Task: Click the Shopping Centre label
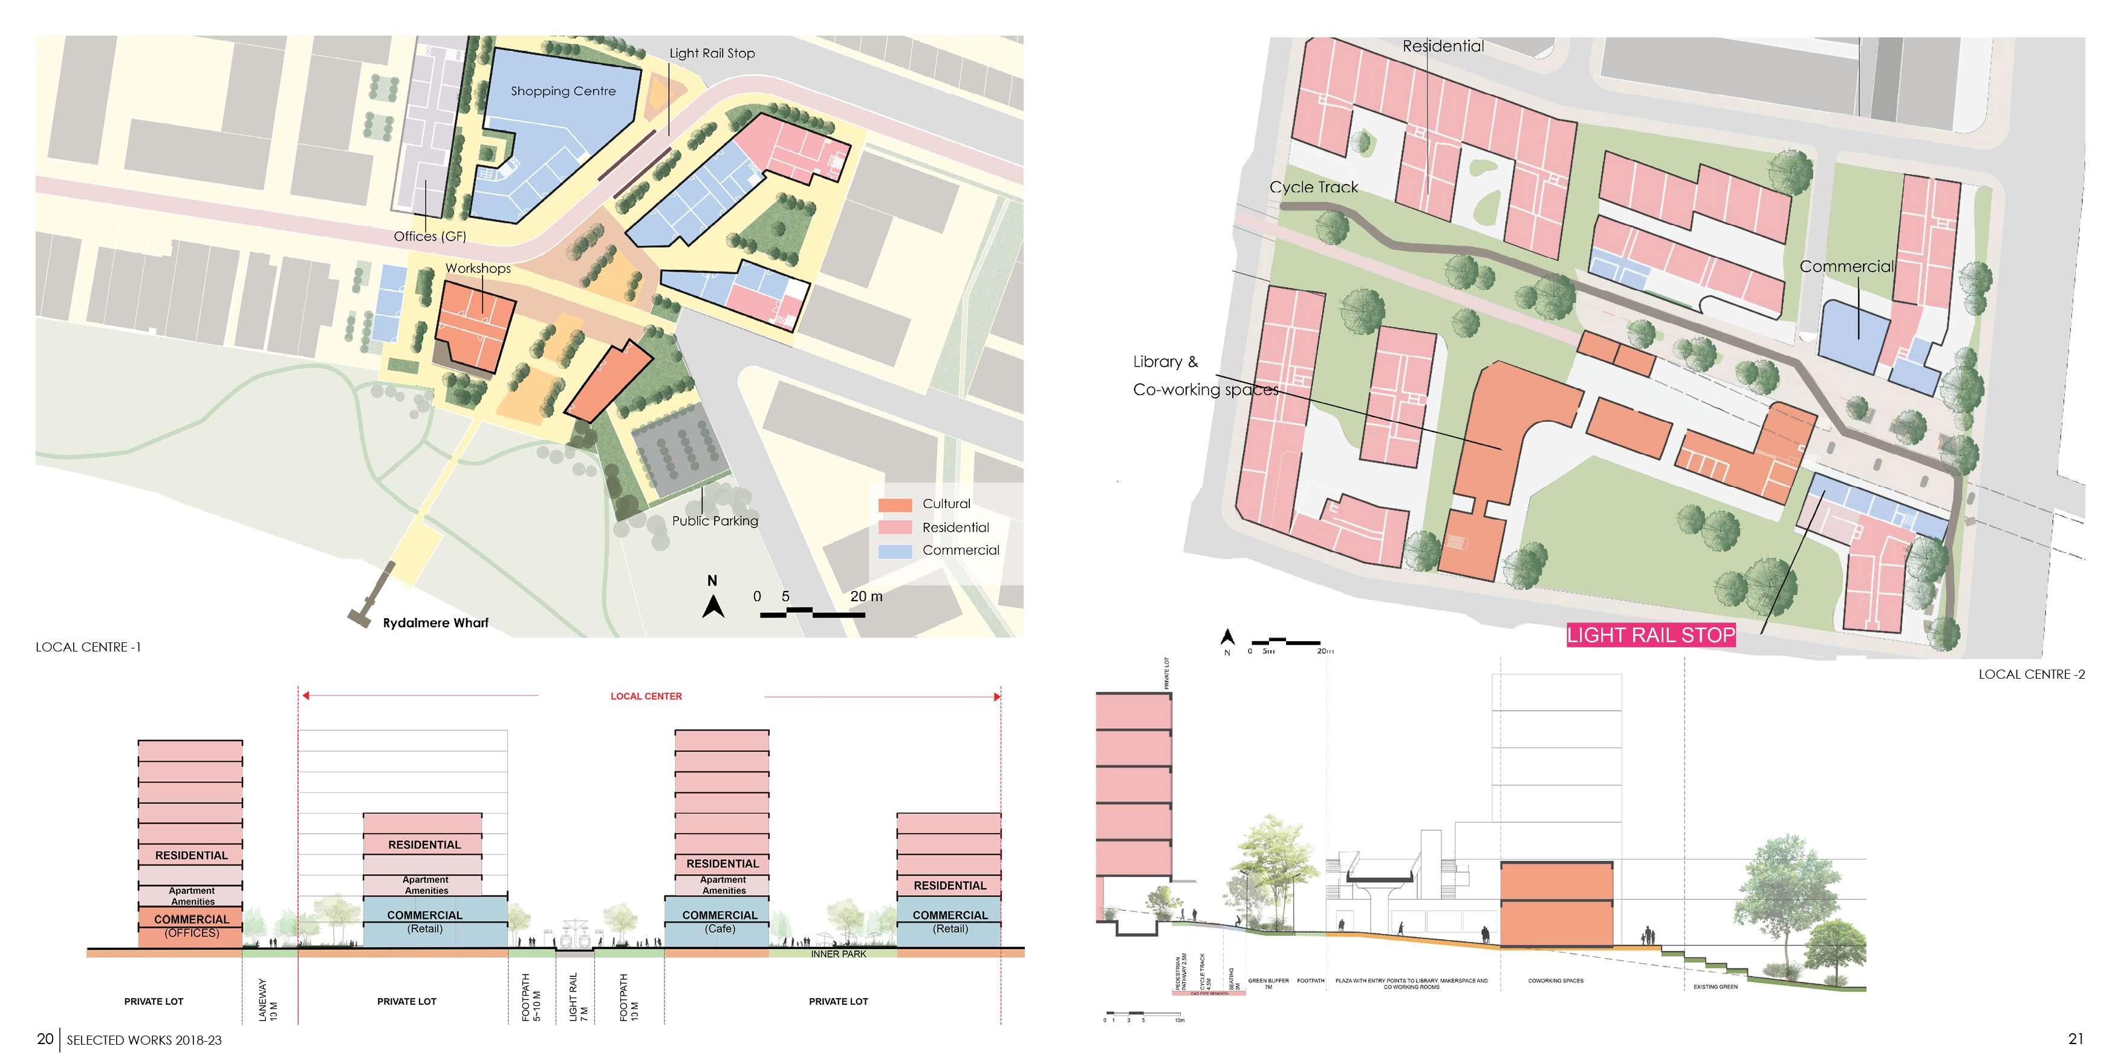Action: click(563, 91)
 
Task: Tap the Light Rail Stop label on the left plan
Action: click(712, 54)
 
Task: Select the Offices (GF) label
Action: click(430, 237)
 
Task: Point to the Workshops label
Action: click(478, 269)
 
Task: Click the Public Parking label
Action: click(715, 521)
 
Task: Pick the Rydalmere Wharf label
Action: click(435, 623)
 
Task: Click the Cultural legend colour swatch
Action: click(895, 504)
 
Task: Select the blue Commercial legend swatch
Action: click(895, 551)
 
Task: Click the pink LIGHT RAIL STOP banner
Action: click(1650, 635)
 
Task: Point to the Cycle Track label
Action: click(1313, 188)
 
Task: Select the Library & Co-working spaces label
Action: click(1204, 376)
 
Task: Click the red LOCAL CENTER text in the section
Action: click(646, 696)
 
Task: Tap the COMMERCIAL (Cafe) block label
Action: click(719, 921)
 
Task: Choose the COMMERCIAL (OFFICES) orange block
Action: click(191, 926)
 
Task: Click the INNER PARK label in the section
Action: click(838, 954)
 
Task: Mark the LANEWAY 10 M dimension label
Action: click(268, 999)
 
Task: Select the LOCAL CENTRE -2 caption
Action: click(2032, 674)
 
